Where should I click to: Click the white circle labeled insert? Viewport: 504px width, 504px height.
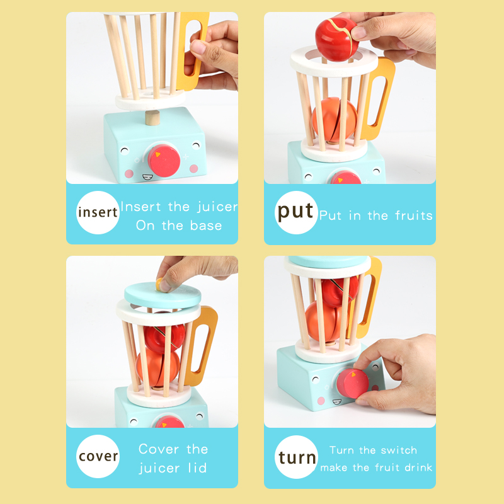pyautogui.click(x=98, y=212)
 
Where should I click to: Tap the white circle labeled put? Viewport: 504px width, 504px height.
pyautogui.click(x=296, y=212)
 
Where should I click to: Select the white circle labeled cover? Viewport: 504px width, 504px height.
pyautogui.click(x=98, y=456)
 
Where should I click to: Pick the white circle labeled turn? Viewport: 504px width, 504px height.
pyautogui.click(x=296, y=457)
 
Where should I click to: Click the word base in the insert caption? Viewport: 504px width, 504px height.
pyautogui.click(x=206, y=226)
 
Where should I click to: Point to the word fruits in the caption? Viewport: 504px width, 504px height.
pyautogui.click(x=414, y=215)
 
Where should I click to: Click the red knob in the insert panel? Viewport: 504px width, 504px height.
pyautogui.click(x=164, y=161)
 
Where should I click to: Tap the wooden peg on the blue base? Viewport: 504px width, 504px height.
pyautogui.click(x=152, y=118)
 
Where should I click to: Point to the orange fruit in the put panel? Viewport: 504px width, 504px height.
pyautogui.click(x=335, y=120)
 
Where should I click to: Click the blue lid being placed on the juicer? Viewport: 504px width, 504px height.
pyautogui.click(x=163, y=295)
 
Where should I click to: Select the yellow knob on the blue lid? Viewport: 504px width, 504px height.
pyautogui.click(x=159, y=284)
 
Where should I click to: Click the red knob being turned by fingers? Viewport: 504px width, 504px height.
pyautogui.click(x=352, y=384)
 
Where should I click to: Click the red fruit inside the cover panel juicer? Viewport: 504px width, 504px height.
pyautogui.click(x=164, y=338)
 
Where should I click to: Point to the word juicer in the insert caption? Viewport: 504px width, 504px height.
pyautogui.click(x=217, y=207)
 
